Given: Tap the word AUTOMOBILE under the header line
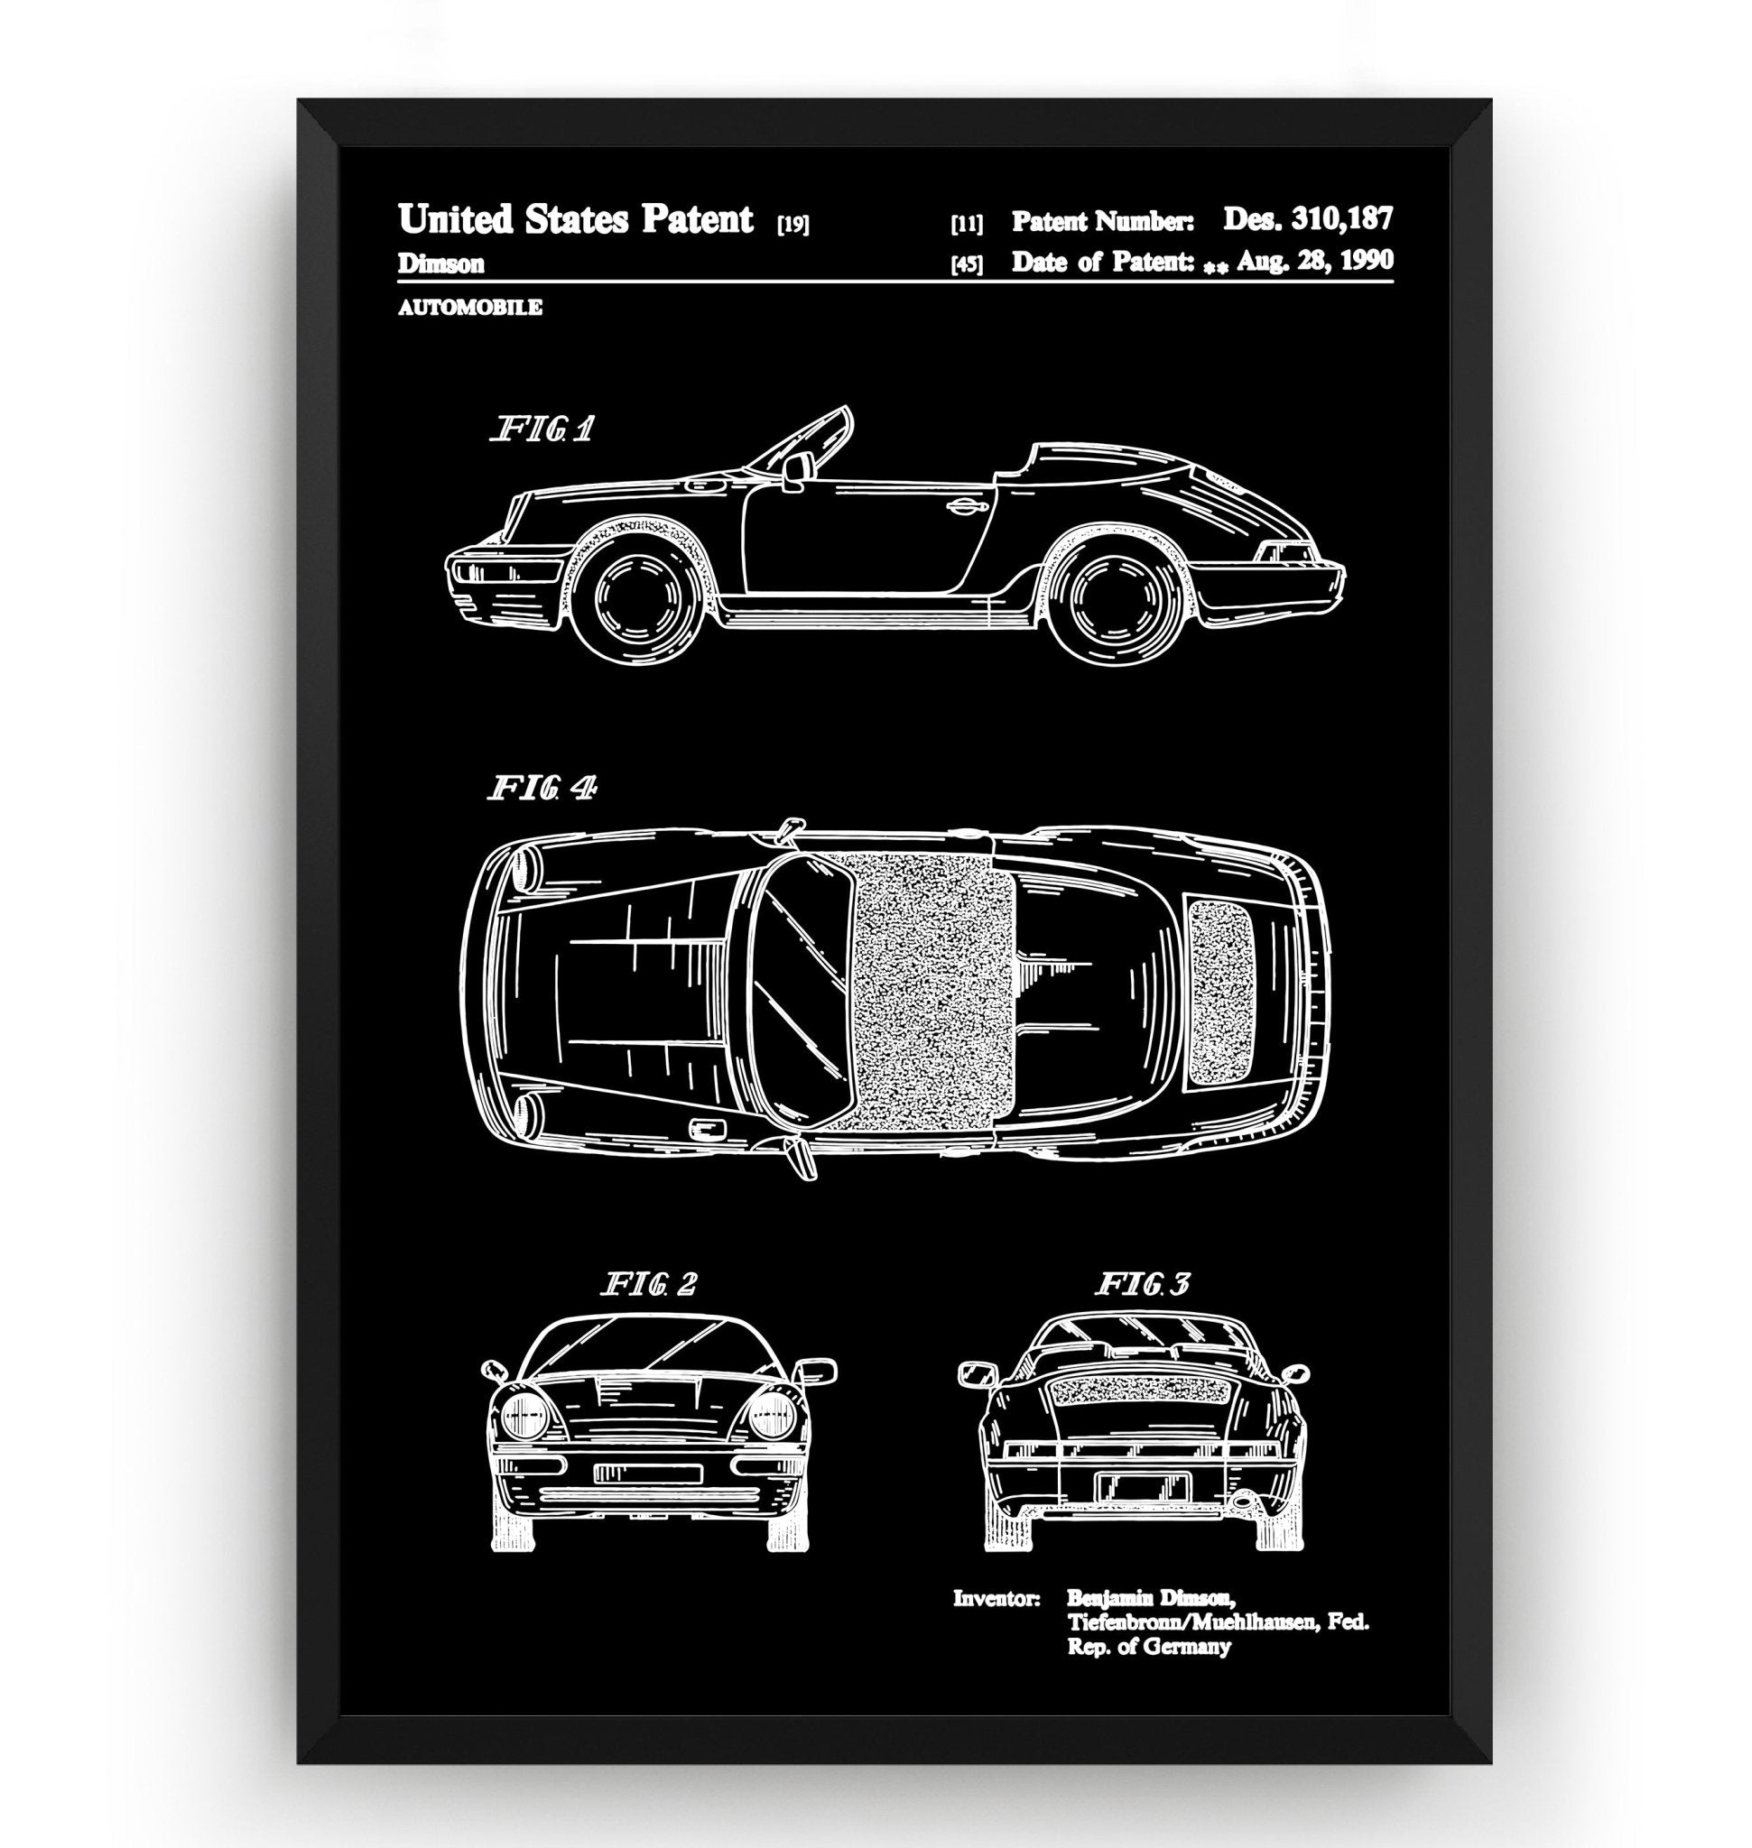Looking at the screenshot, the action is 469,307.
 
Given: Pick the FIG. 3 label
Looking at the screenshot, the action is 1141,1285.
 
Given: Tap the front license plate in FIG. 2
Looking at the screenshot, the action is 647,1474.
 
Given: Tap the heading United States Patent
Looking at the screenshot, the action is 575,220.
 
